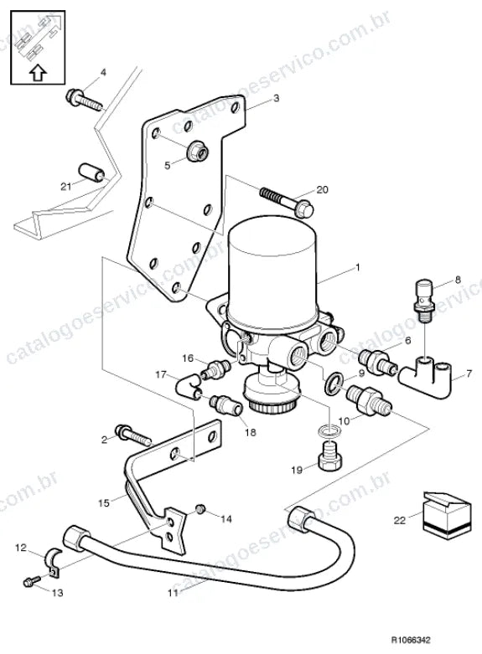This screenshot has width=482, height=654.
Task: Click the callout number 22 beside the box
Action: pos(400,520)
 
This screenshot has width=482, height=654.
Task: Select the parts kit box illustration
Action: pos(447,516)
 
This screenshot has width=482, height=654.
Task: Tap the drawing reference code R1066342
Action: pos(411,640)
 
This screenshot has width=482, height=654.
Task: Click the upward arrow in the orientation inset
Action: pos(38,73)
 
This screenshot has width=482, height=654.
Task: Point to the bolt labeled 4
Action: pos(85,100)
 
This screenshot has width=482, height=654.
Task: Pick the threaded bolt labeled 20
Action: pos(288,203)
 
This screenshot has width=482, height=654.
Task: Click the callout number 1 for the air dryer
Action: pos(357,267)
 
